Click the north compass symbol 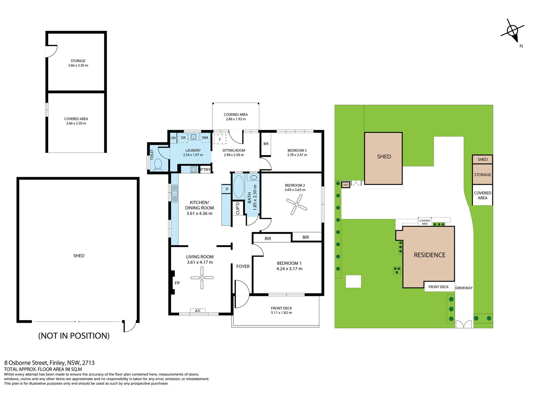[513, 31]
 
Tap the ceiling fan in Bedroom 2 [297, 205]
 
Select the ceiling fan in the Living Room [202, 278]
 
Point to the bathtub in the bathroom [239, 186]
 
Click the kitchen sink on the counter [174, 193]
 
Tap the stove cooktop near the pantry [194, 169]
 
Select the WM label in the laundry [205, 138]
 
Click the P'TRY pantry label [205, 170]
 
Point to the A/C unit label [198, 310]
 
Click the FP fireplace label [177, 283]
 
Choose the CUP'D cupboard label [238, 208]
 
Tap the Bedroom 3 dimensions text [297, 155]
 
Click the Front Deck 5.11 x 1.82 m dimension [281, 313]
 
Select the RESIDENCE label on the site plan [430, 255]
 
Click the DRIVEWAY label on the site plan [464, 288]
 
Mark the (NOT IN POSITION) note [74, 336]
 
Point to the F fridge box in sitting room [220, 140]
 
